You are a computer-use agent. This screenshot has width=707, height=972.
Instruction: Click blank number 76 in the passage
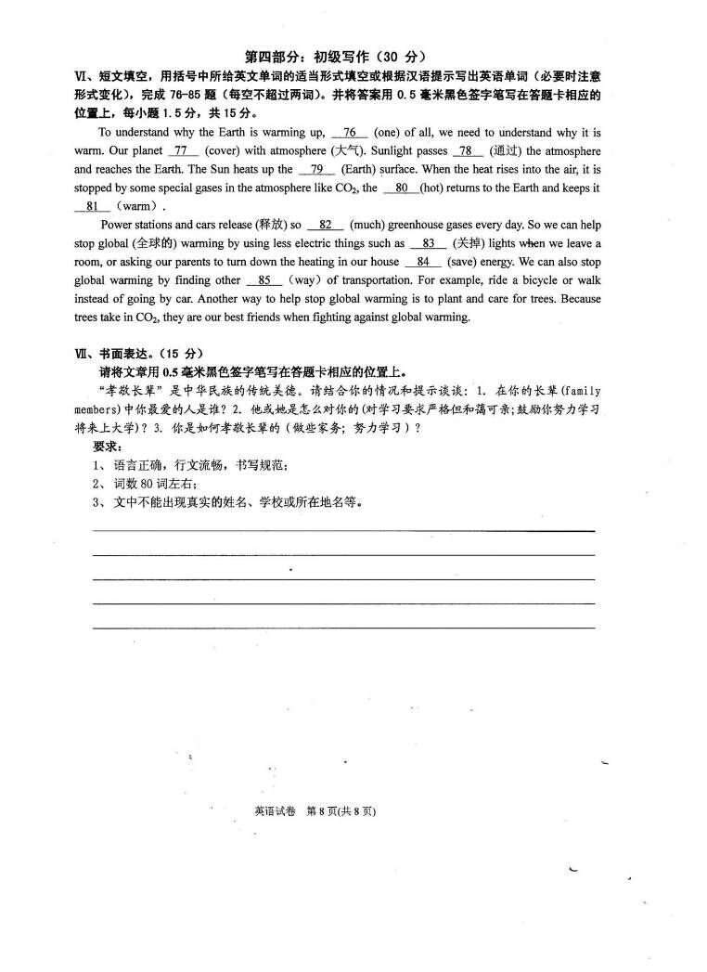click(349, 133)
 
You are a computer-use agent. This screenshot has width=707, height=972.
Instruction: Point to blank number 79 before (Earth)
click(316, 170)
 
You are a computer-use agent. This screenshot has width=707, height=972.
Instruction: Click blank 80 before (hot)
click(401, 188)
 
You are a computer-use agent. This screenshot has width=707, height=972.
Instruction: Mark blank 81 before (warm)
click(92, 207)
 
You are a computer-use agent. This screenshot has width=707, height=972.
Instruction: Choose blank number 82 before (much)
click(325, 226)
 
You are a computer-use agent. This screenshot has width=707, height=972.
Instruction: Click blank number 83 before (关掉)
click(428, 244)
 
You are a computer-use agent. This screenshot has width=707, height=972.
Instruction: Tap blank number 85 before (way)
click(264, 280)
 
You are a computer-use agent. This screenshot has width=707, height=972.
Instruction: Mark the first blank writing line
click(343, 530)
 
